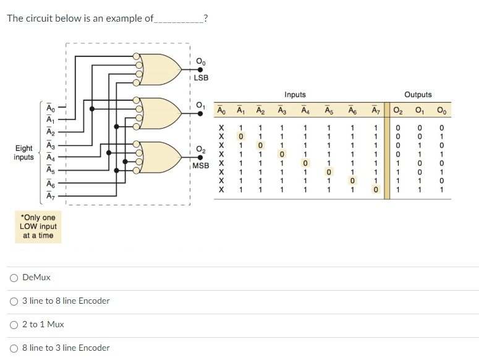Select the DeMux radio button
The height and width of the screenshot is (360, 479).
(x=14, y=278)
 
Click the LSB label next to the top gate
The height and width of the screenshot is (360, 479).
(x=201, y=78)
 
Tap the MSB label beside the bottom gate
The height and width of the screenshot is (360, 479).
(x=201, y=166)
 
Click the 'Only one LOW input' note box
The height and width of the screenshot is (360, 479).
(x=38, y=226)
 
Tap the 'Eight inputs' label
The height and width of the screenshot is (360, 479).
(x=24, y=153)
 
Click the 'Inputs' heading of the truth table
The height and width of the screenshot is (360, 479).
(x=295, y=95)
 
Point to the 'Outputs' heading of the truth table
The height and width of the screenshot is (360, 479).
(x=418, y=95)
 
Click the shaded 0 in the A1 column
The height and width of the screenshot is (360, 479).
(x=242, y=136)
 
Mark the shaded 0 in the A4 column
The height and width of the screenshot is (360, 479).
(x=305, y=163)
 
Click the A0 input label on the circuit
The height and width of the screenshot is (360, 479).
(x=51, y=109)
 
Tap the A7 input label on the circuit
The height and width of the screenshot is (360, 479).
(x=51, y=197)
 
